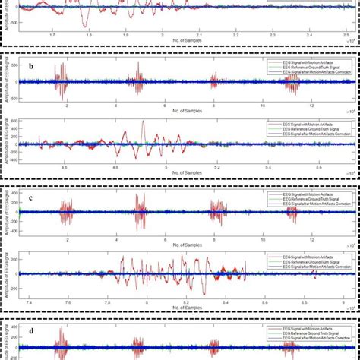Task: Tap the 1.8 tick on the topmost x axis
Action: click(x=89, y=35)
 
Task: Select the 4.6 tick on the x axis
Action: click(x=65, y=167)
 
